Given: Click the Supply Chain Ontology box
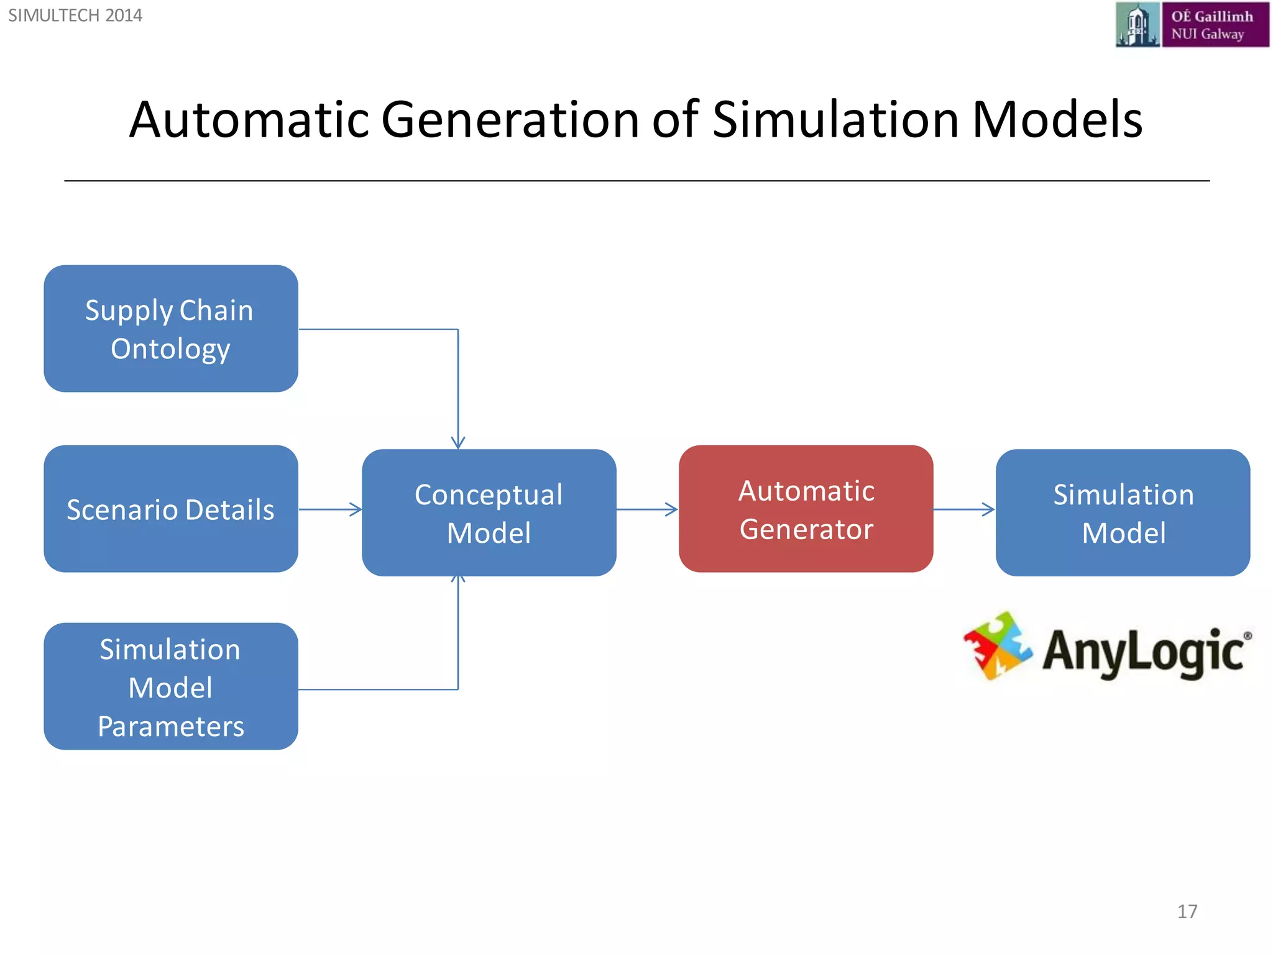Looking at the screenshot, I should point(171,329).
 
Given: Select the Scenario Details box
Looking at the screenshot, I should point(171,509).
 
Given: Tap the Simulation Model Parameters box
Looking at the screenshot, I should point(171,686).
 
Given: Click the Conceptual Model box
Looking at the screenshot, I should point(489,512).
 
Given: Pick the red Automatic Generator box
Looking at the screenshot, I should point(806,509).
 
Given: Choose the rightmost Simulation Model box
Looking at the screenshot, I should point(1123,512).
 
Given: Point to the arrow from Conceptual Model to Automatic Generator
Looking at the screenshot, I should point(646,509).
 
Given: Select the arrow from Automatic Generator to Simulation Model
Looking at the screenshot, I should point(963,509).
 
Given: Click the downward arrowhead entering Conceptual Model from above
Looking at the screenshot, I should point(458,442).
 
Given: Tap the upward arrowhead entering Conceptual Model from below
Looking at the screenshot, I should point(458,580).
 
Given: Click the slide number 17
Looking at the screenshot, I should point(1187,911).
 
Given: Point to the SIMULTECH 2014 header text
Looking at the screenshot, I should point(75,16).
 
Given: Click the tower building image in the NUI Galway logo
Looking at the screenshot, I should point(1137,25).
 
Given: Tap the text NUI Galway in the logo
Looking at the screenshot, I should point(1208,34).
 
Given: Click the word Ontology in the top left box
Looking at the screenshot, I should point(171,349).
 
